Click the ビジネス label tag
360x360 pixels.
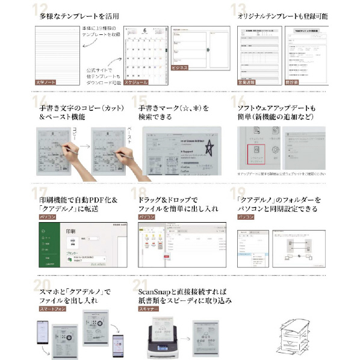point(181,68)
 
